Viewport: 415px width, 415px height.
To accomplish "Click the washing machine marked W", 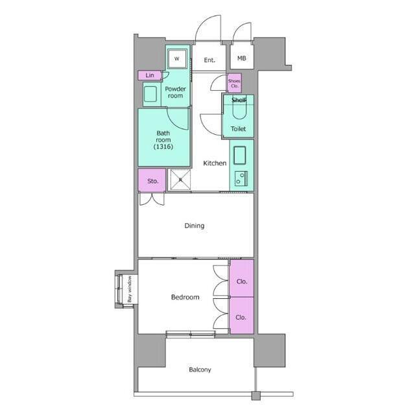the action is pyautogui.click(x=177, y=58).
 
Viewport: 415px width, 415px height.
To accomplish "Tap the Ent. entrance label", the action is pyautogui.click(x=209, y=60).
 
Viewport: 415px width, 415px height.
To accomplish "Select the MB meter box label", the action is pyautogui.click(x=241, y=58).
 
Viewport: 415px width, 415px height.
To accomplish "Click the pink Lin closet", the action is pyautogui.click(x=150, y=75).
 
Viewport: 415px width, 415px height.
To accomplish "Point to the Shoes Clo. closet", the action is pyautogui.click(x=235, y=83).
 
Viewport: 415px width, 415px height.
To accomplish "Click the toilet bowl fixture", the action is pyautogui.click(x=239, y=108).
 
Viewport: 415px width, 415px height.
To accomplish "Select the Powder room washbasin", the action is pyautogui.click(x=150, y=94).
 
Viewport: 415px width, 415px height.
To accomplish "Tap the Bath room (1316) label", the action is pyautogui.click(x=163, y=139).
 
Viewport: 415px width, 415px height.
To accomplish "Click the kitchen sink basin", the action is pyautogui.click(x=239, y=156).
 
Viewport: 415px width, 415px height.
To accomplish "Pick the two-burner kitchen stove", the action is pyautogui.click(x=241, y=178).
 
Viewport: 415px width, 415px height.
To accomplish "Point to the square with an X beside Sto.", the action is pyautogui.click(x=180, y=180).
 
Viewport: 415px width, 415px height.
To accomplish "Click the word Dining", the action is pyautogui.click(x=195, y=226).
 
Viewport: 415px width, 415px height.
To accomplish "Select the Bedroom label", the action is pyautogui.click(x=185, y=297).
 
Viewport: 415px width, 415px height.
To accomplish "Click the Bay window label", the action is pyautogui.click(x=130, y=289).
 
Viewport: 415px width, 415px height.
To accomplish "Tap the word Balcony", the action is pyautogui.click(x=200, y=370).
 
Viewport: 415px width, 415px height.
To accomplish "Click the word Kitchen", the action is pyautogui.click(x=215, y=163).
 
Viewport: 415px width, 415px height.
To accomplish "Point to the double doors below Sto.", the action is pyautogui.click(x=152, y=199).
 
